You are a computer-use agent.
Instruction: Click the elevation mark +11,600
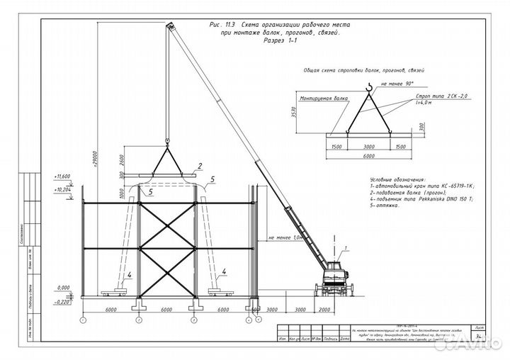[62, 175]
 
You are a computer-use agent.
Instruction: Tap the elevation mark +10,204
[62, 190]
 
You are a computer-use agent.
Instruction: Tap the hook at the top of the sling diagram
[368, 87]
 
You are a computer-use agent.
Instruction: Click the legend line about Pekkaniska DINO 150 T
[421, 201]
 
